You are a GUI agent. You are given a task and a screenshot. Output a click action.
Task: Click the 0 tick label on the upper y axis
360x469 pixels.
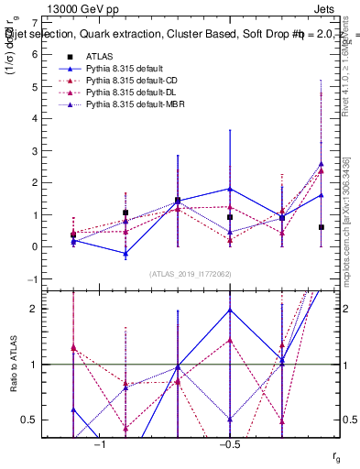(x=34, y=247)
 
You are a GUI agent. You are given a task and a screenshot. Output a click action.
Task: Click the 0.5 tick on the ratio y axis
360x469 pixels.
(x=30, y=420)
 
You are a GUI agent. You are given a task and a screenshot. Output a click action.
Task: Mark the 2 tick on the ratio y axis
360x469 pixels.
(x=34, y=309)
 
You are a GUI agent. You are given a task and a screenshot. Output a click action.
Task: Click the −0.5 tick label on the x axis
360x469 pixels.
(x=228, y=444)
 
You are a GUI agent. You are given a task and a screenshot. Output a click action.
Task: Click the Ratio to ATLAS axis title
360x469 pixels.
(x=12, y=364)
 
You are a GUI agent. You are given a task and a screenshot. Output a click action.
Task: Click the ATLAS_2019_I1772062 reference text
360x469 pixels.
(x=190, y=274)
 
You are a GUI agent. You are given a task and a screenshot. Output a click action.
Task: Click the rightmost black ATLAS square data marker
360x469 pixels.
(x=322, y=227)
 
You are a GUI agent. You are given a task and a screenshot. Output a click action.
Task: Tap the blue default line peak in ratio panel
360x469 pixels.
(x=230, y=309)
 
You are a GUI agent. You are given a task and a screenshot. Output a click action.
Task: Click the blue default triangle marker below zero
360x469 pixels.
(x=125, y=253)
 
